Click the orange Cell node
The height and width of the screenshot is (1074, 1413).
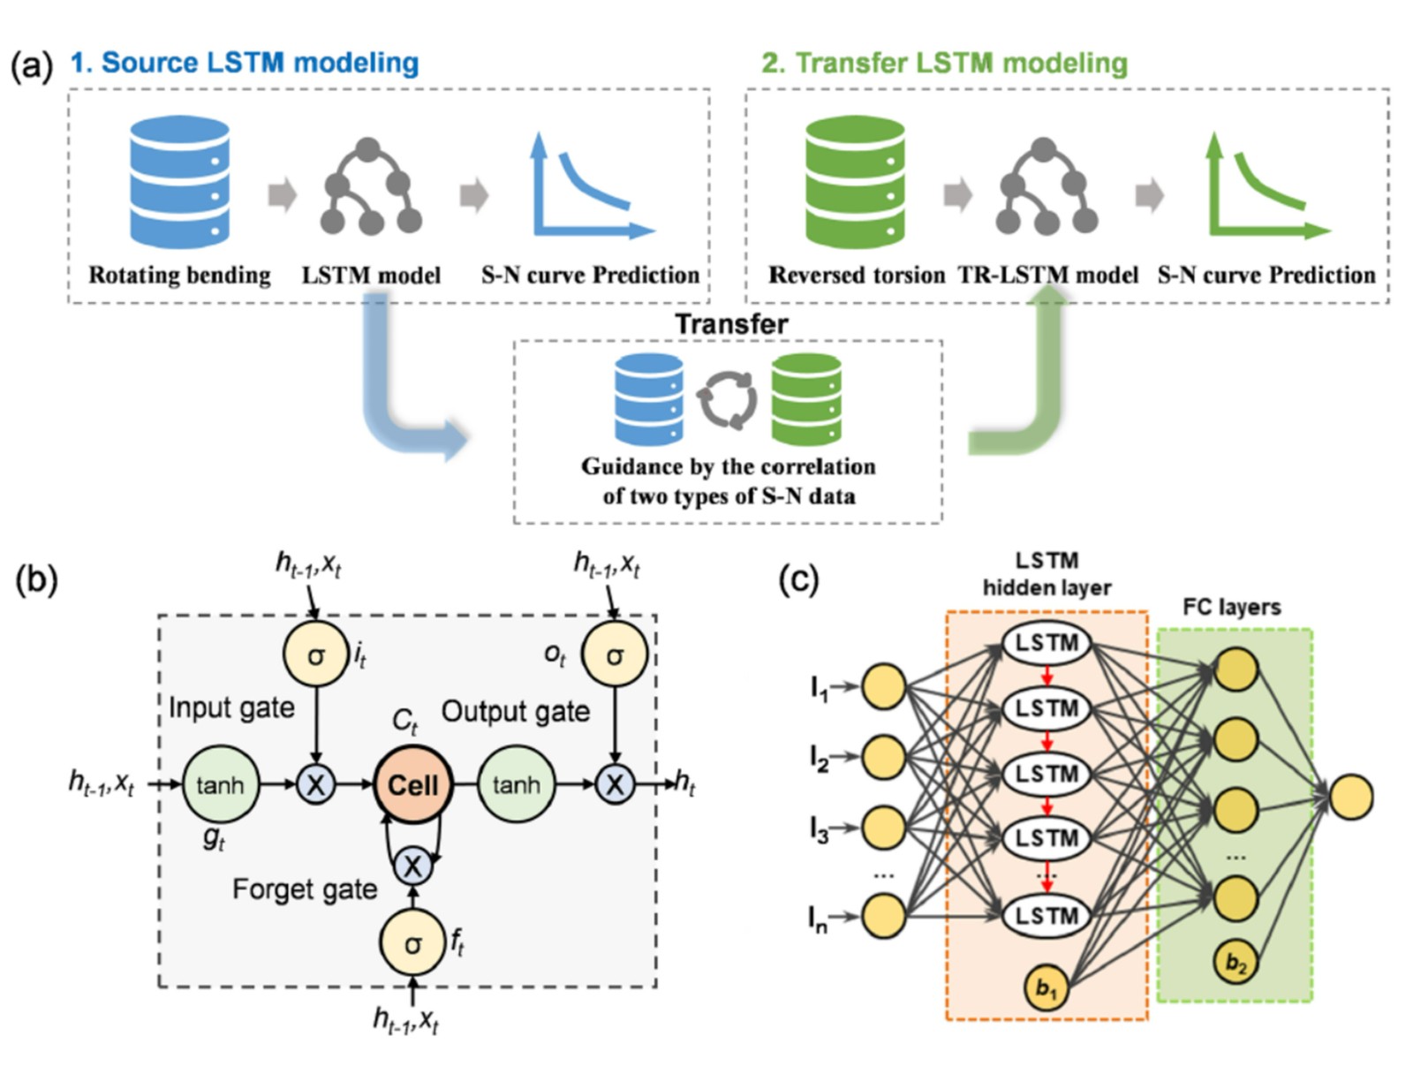click(413, 784)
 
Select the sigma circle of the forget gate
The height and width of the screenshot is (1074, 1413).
click(412, 943)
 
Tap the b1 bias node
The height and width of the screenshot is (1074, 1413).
click(1047, 988)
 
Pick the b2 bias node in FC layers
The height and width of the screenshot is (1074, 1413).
click(1236, 963)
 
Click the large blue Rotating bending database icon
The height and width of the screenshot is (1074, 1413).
click(180, 183)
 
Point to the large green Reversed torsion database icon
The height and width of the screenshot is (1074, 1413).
click(855, 183)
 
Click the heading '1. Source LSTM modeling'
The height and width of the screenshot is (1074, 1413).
click(245, 63)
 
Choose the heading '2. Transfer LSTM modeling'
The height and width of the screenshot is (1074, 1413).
click(945, 63)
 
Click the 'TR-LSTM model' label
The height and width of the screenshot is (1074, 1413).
click(1048, 276)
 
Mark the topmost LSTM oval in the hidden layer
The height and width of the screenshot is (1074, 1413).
click(1047, 643)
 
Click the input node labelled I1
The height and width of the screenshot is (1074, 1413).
click(883, 687)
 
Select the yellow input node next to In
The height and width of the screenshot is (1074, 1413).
click(883, 915)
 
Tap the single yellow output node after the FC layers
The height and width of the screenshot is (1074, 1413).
click(1351, 796)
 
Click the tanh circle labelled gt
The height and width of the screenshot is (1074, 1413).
click(220, 784)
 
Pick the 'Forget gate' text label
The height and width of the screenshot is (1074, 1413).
click(305, 889)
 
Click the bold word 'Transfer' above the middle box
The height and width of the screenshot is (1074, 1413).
click(731, 324)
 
